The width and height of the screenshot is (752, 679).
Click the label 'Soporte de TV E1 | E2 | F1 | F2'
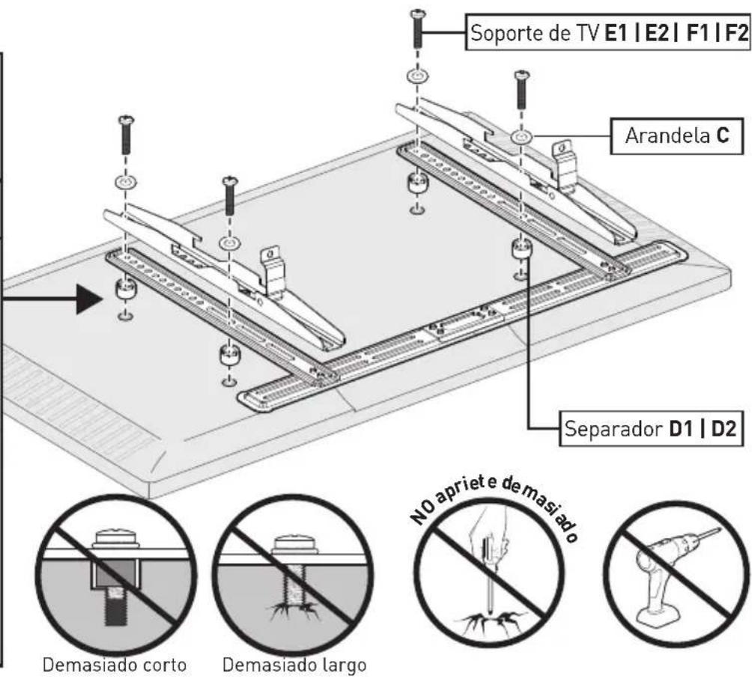[607, 33]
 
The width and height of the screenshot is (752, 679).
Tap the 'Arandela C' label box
[676, 136]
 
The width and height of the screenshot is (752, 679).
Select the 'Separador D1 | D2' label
[651, 428]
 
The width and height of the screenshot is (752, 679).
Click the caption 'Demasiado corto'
[115, 665]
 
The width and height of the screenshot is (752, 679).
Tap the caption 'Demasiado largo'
[294, 665]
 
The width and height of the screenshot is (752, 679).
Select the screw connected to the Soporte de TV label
[417, 28]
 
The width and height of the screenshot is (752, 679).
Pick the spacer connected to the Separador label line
[522, 249]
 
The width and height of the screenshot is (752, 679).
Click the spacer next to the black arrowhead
[126, 288]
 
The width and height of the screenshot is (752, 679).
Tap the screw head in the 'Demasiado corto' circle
[115, 538]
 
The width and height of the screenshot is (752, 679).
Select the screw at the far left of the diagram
[126, 135]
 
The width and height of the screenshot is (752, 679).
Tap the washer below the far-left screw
[125, 183]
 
